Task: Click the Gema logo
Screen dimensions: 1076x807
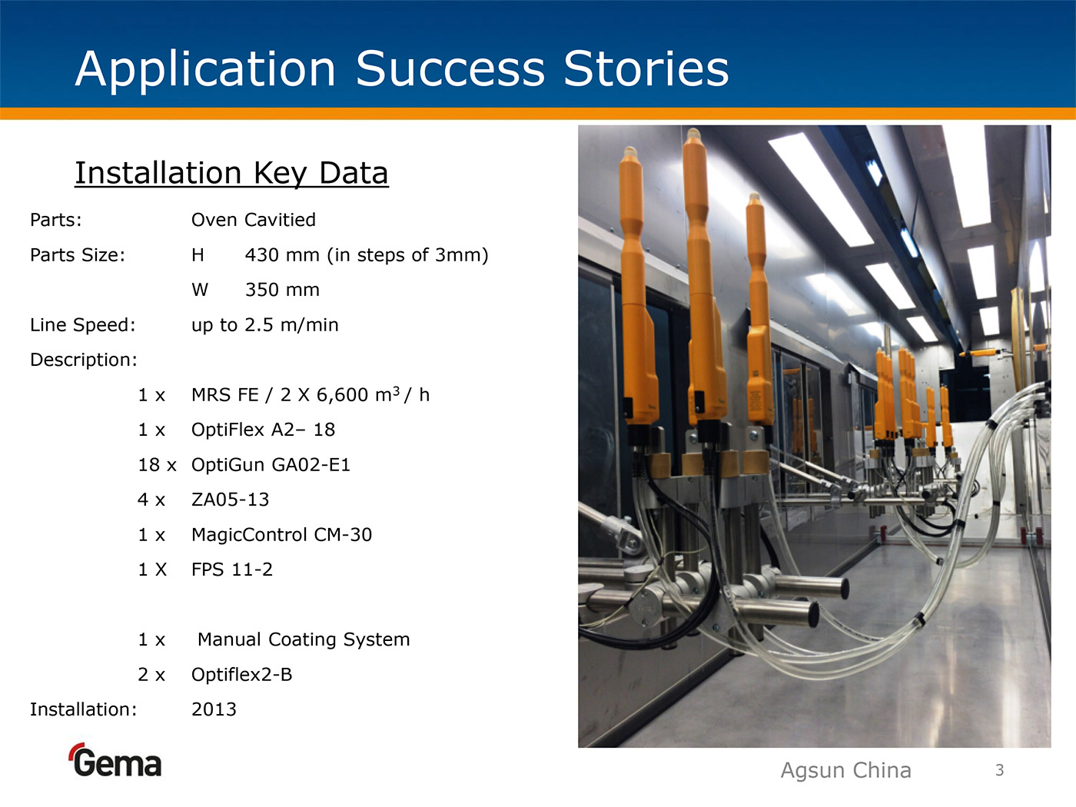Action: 115,760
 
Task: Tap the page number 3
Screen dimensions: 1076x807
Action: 1000,770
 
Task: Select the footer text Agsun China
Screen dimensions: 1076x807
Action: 845,771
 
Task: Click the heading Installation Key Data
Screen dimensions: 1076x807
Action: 231,173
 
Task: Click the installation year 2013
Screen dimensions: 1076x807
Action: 214,709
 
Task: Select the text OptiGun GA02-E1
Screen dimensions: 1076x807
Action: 271,464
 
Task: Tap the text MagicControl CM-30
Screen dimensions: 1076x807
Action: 281,535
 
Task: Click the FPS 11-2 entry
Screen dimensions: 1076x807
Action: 232,570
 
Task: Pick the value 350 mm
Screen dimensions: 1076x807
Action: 282,290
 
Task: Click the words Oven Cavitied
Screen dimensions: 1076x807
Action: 253,220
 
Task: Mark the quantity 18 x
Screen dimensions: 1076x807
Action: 157,464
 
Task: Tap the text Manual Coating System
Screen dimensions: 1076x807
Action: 304,639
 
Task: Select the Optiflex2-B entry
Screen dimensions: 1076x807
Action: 241,675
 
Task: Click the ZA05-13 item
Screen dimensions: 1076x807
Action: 230,500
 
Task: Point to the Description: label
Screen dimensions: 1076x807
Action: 83,360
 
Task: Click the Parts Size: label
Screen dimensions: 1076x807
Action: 78,255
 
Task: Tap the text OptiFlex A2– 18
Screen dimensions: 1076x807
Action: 263,430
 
